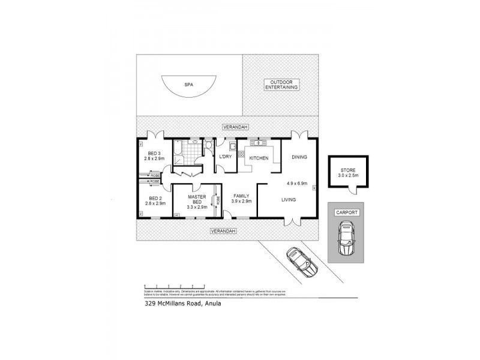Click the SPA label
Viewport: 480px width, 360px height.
189,85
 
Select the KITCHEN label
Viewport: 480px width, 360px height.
259,158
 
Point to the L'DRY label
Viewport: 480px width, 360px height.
226,157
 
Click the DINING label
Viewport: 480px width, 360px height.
299,157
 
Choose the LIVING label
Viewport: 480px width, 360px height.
288,199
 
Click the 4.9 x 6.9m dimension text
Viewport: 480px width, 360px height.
296,183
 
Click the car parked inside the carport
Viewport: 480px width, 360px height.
346,238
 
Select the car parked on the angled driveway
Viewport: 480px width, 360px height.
301,262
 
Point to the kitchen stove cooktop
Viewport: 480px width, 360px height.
260,143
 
